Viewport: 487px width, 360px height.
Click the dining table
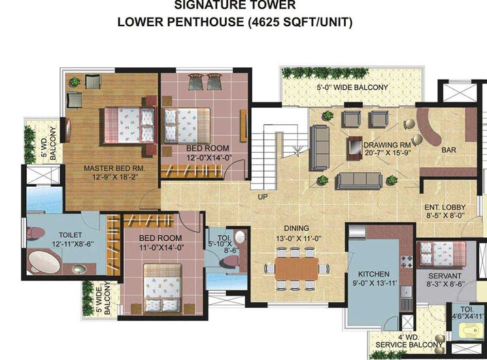pos(292,267)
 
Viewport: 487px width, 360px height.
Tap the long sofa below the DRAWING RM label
pos(360,179)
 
